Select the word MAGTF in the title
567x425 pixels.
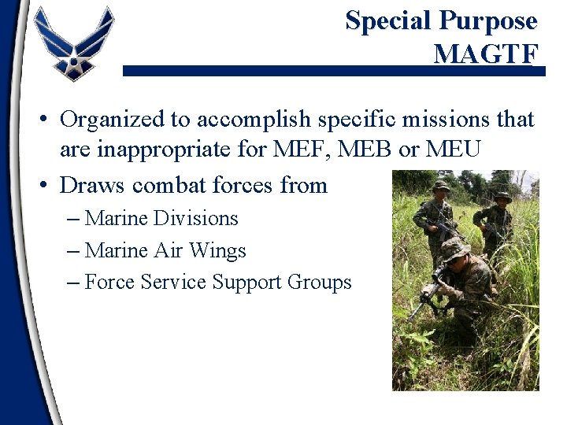tap(486, 54)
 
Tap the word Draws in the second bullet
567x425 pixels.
tap(92, 185)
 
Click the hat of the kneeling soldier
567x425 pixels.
tap(455, 248)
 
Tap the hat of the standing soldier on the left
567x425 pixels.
tap(439, 186)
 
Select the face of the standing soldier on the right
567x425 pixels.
tap(501, 201)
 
